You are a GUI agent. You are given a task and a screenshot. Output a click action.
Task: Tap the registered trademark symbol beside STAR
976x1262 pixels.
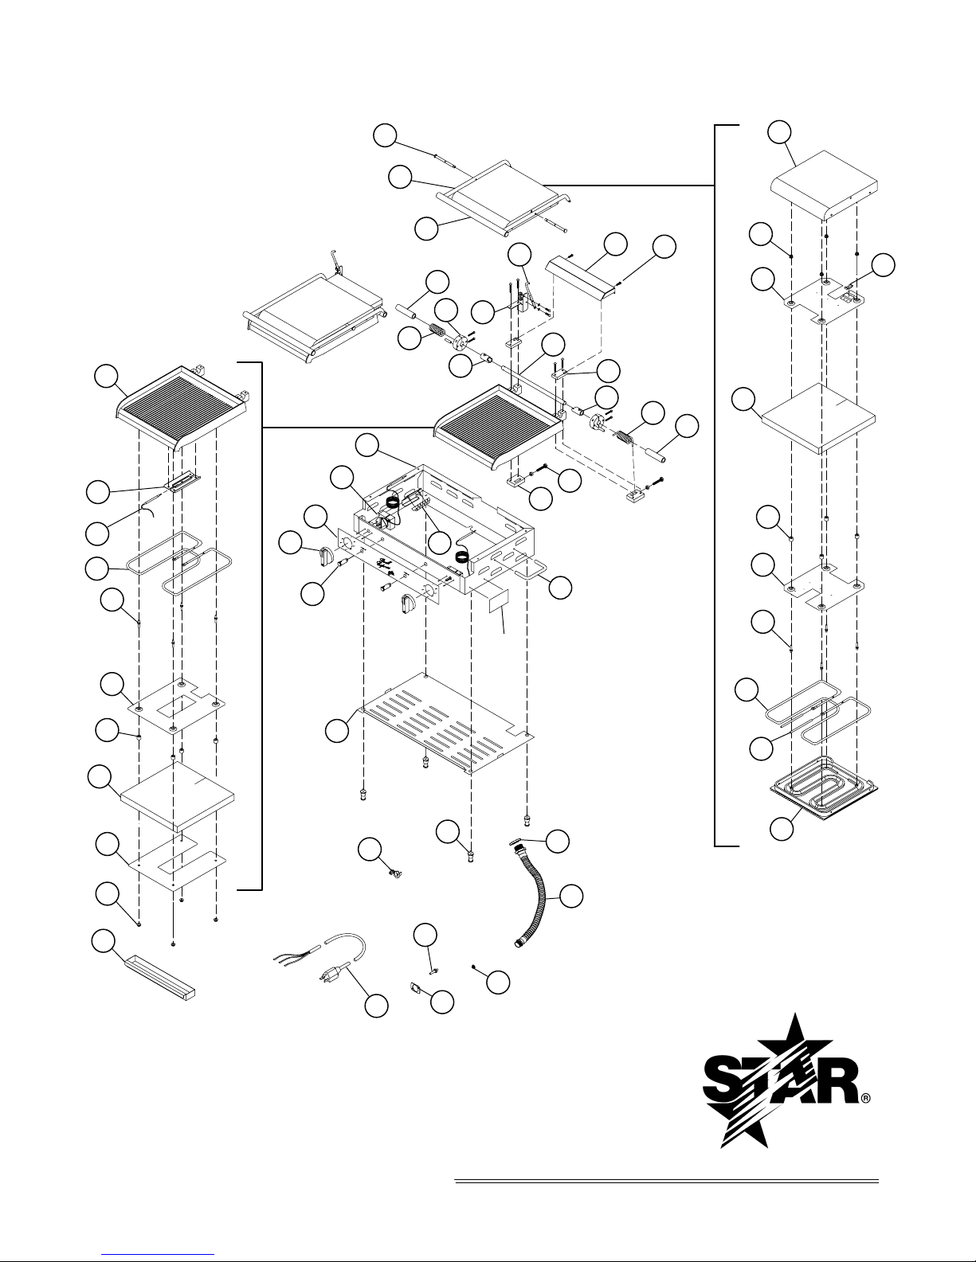coord(865,1098)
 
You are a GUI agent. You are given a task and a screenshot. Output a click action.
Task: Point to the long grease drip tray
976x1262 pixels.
coord(159,979)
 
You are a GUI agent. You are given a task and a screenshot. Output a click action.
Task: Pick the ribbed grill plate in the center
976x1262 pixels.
coord(500,426)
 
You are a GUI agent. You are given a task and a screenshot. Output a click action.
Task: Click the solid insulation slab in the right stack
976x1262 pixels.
coord(818,419)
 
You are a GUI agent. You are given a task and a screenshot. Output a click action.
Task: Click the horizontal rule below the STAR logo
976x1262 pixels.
coord(666,1181)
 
